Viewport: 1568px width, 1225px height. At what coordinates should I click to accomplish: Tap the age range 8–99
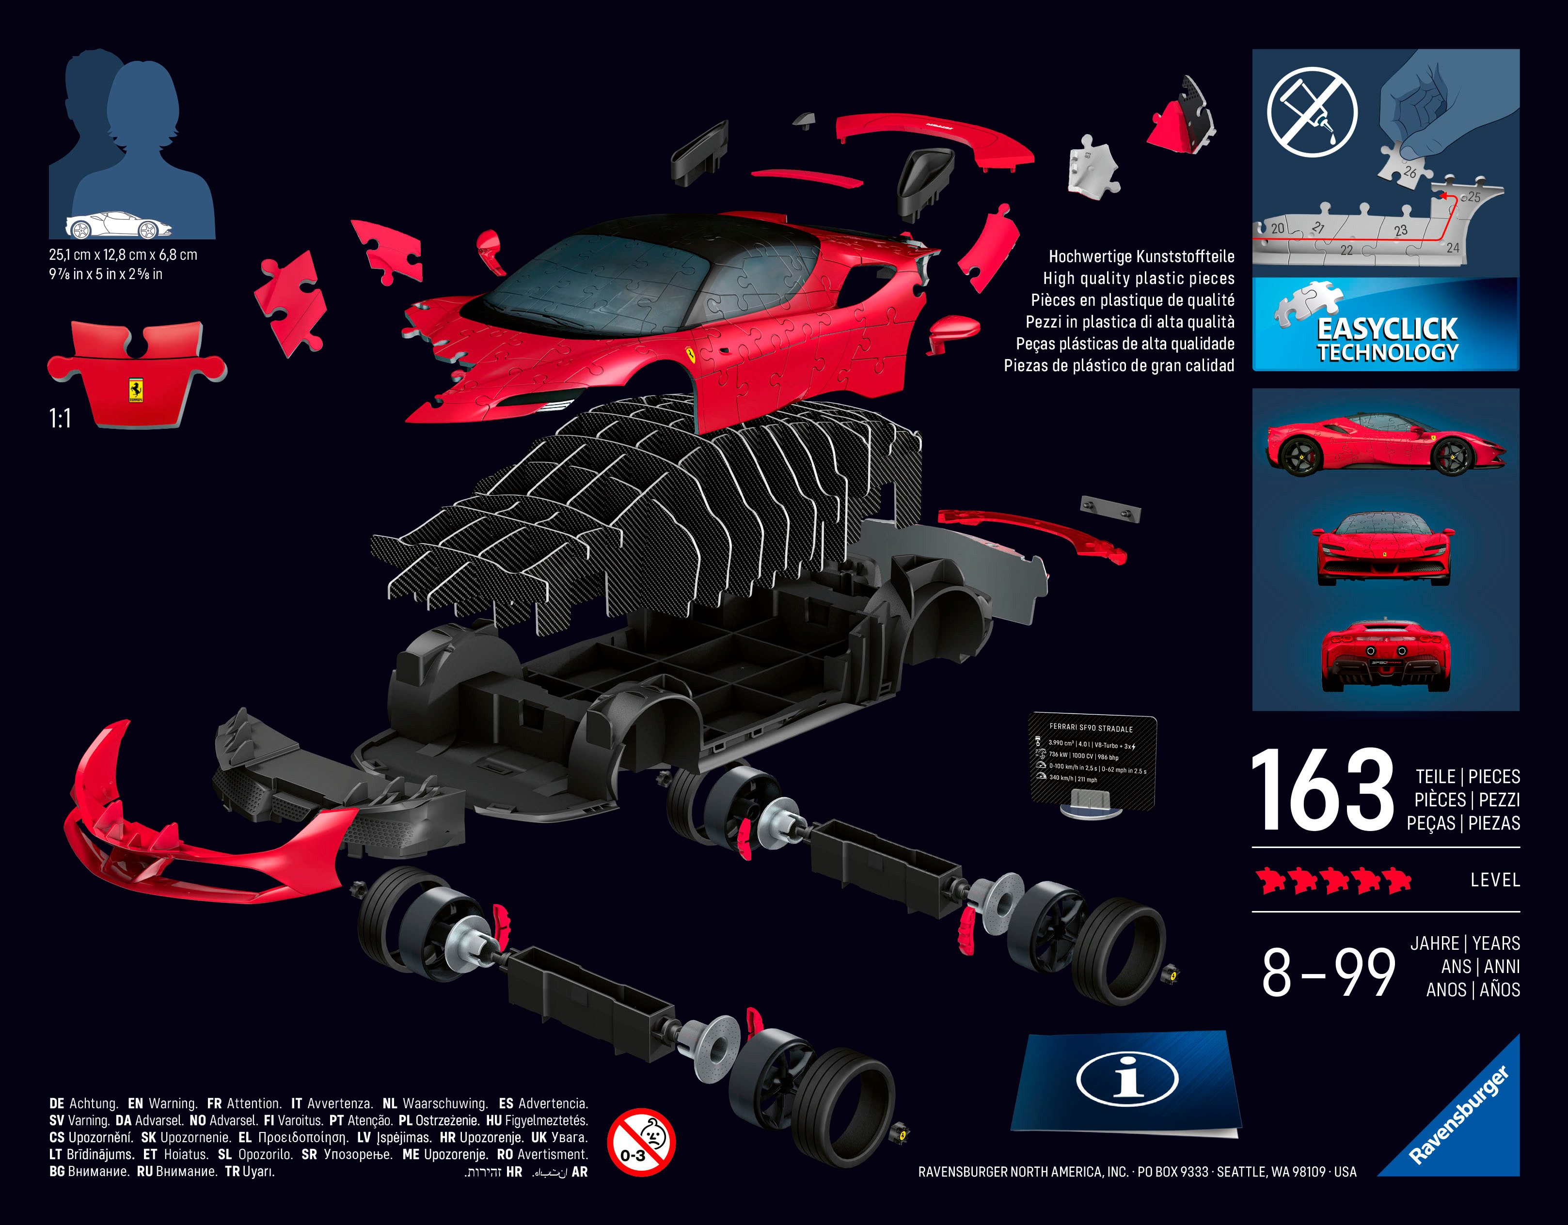coord(1328,973)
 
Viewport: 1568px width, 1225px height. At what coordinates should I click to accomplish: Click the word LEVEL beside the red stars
coord(1495,880)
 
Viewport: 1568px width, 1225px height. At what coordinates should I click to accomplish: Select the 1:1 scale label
coord(60,418)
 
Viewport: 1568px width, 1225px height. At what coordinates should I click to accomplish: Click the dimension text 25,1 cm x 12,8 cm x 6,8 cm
coord(123,255)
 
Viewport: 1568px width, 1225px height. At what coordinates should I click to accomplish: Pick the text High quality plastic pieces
coord(1139,279)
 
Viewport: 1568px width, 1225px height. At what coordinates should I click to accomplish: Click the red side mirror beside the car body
coord(953,330)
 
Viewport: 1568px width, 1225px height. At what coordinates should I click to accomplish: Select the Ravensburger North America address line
coord(1137,1172)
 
